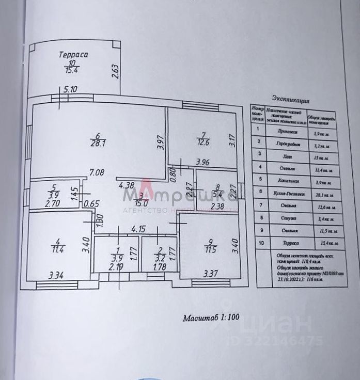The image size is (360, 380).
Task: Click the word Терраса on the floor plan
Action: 73,54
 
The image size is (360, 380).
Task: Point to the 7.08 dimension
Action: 97,171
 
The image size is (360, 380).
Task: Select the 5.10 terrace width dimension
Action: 71,89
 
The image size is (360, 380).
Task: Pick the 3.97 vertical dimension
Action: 161,142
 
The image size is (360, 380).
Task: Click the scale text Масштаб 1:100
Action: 210,318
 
